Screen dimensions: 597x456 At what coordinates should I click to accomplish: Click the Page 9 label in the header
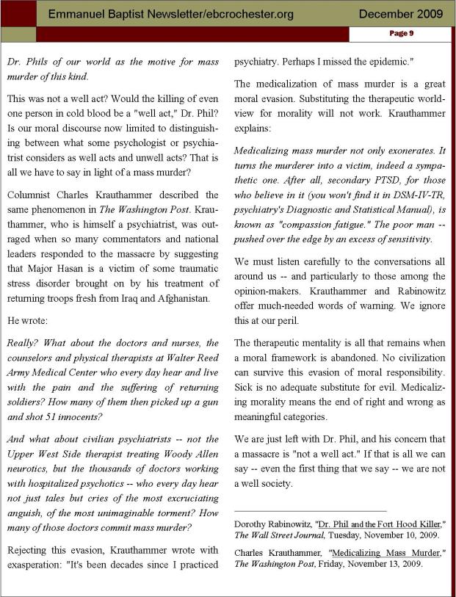pyautogui.click(x=400, y=33)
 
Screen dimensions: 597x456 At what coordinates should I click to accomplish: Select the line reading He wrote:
pyautogui.click(x=26, y=320)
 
